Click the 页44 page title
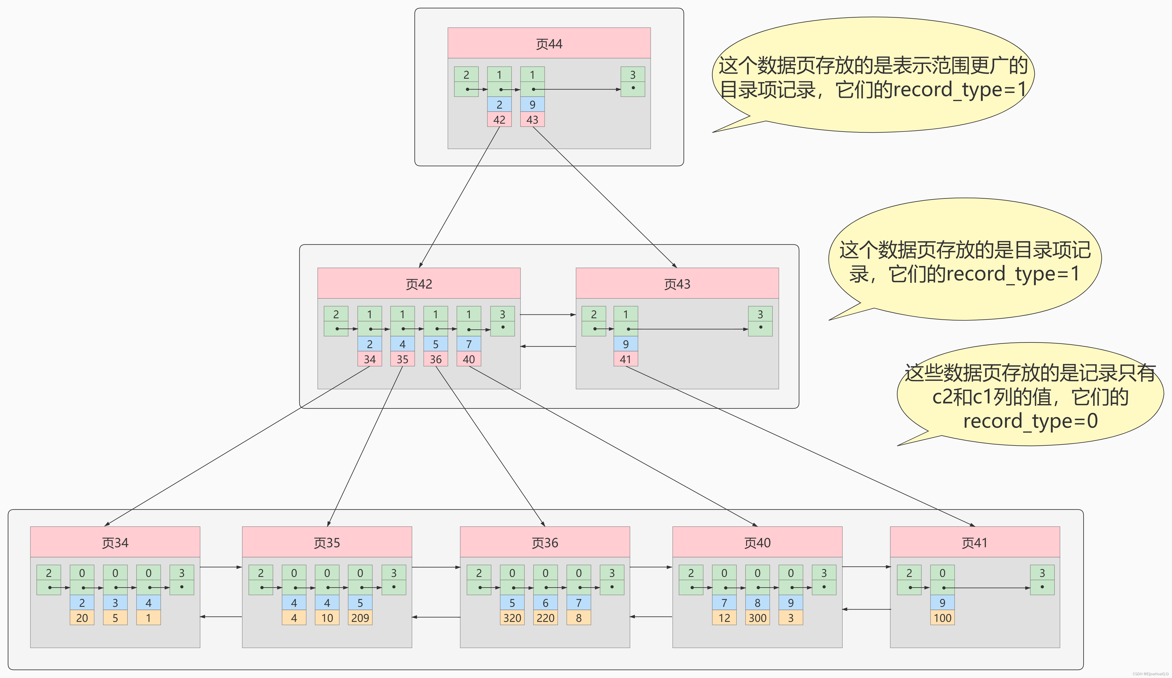point(549,44)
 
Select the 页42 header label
point(419,284)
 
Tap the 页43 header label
point(677,284)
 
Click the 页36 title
point(545,543)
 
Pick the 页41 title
point(974,543)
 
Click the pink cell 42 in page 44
point(499,120)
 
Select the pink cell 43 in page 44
point(532,120)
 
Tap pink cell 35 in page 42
point(402,359)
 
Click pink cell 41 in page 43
point(625,359)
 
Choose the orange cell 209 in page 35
point(360,618)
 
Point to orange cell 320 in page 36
point(512,618)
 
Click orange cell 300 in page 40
point(757,618)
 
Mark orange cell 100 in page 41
point(942,618)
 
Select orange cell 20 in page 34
point(82,618)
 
